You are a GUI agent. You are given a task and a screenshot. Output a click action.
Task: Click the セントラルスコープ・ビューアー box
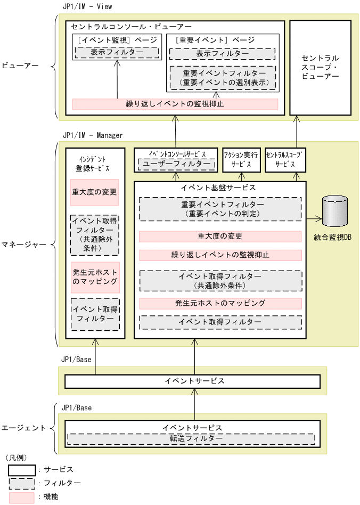pyautogui.click(x=320, y=67)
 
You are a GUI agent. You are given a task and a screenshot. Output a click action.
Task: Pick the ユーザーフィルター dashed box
pyautogui.click(x=176, y=165)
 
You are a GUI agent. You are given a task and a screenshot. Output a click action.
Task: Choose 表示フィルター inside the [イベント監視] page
pyautogui.click(x=117, y=53)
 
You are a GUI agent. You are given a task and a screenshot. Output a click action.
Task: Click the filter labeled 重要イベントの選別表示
pyautogui.click(x=222, y=78)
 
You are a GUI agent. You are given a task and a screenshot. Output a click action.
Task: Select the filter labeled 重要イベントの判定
pyautogui.click(x=220, y=209)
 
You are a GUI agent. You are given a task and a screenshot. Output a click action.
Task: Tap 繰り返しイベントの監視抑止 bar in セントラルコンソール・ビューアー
pyautogui.click(x=175, y=104)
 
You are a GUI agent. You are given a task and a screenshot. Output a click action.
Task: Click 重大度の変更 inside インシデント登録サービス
pyautogui.click(x=94, y=192)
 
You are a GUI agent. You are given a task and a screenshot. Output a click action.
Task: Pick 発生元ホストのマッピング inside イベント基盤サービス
pyautogui.click(x=220, y=304)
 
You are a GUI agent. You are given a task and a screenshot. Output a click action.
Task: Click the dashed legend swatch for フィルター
pyautogui.click(x=22, y=483)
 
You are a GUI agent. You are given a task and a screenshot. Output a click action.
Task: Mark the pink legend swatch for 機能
pyautogui.click(x=22, y=496)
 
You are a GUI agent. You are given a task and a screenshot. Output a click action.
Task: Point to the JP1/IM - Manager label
pyautogui.click(x=92, y=135)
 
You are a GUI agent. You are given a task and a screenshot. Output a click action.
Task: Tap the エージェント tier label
pyautogui.click(x=23, y=428)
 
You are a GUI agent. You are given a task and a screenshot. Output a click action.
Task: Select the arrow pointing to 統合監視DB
pyautogui.click(x=314, y=218)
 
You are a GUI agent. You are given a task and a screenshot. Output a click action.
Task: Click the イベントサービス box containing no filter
pyautogui.click(x=192, y=381)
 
